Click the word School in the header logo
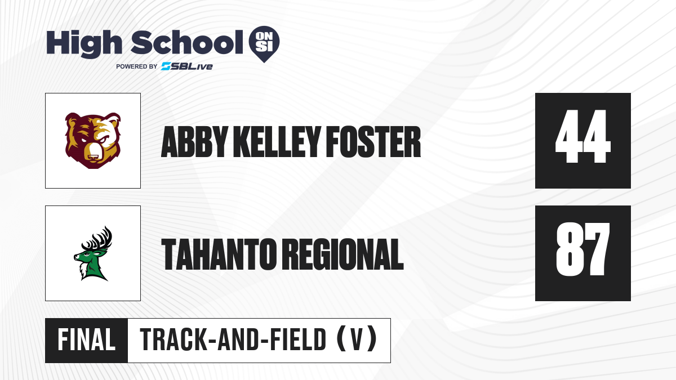coord(187,42)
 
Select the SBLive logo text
coord(187,66)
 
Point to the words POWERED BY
coord(137,66)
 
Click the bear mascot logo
coord(93,141)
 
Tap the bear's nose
coord(92,157)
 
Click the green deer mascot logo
coord(93,253)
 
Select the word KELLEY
coord(277,142)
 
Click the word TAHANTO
coord(219,254)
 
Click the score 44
coord(582,136)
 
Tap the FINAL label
coord(86,340)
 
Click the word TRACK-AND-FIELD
coord(233,340)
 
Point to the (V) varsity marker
coord(357,340)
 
